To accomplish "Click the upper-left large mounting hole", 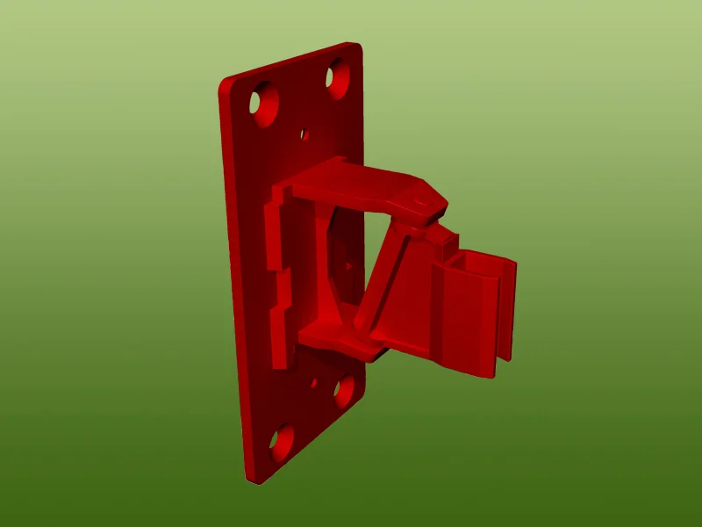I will [261, 103].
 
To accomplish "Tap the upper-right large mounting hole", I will [336, 78].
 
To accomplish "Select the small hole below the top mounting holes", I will [304, 134].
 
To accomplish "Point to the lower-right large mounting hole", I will [344, 392].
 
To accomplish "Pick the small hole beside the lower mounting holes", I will [314, 383].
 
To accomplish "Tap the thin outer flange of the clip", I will [506, 307].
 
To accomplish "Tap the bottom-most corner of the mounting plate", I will [250, 479].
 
